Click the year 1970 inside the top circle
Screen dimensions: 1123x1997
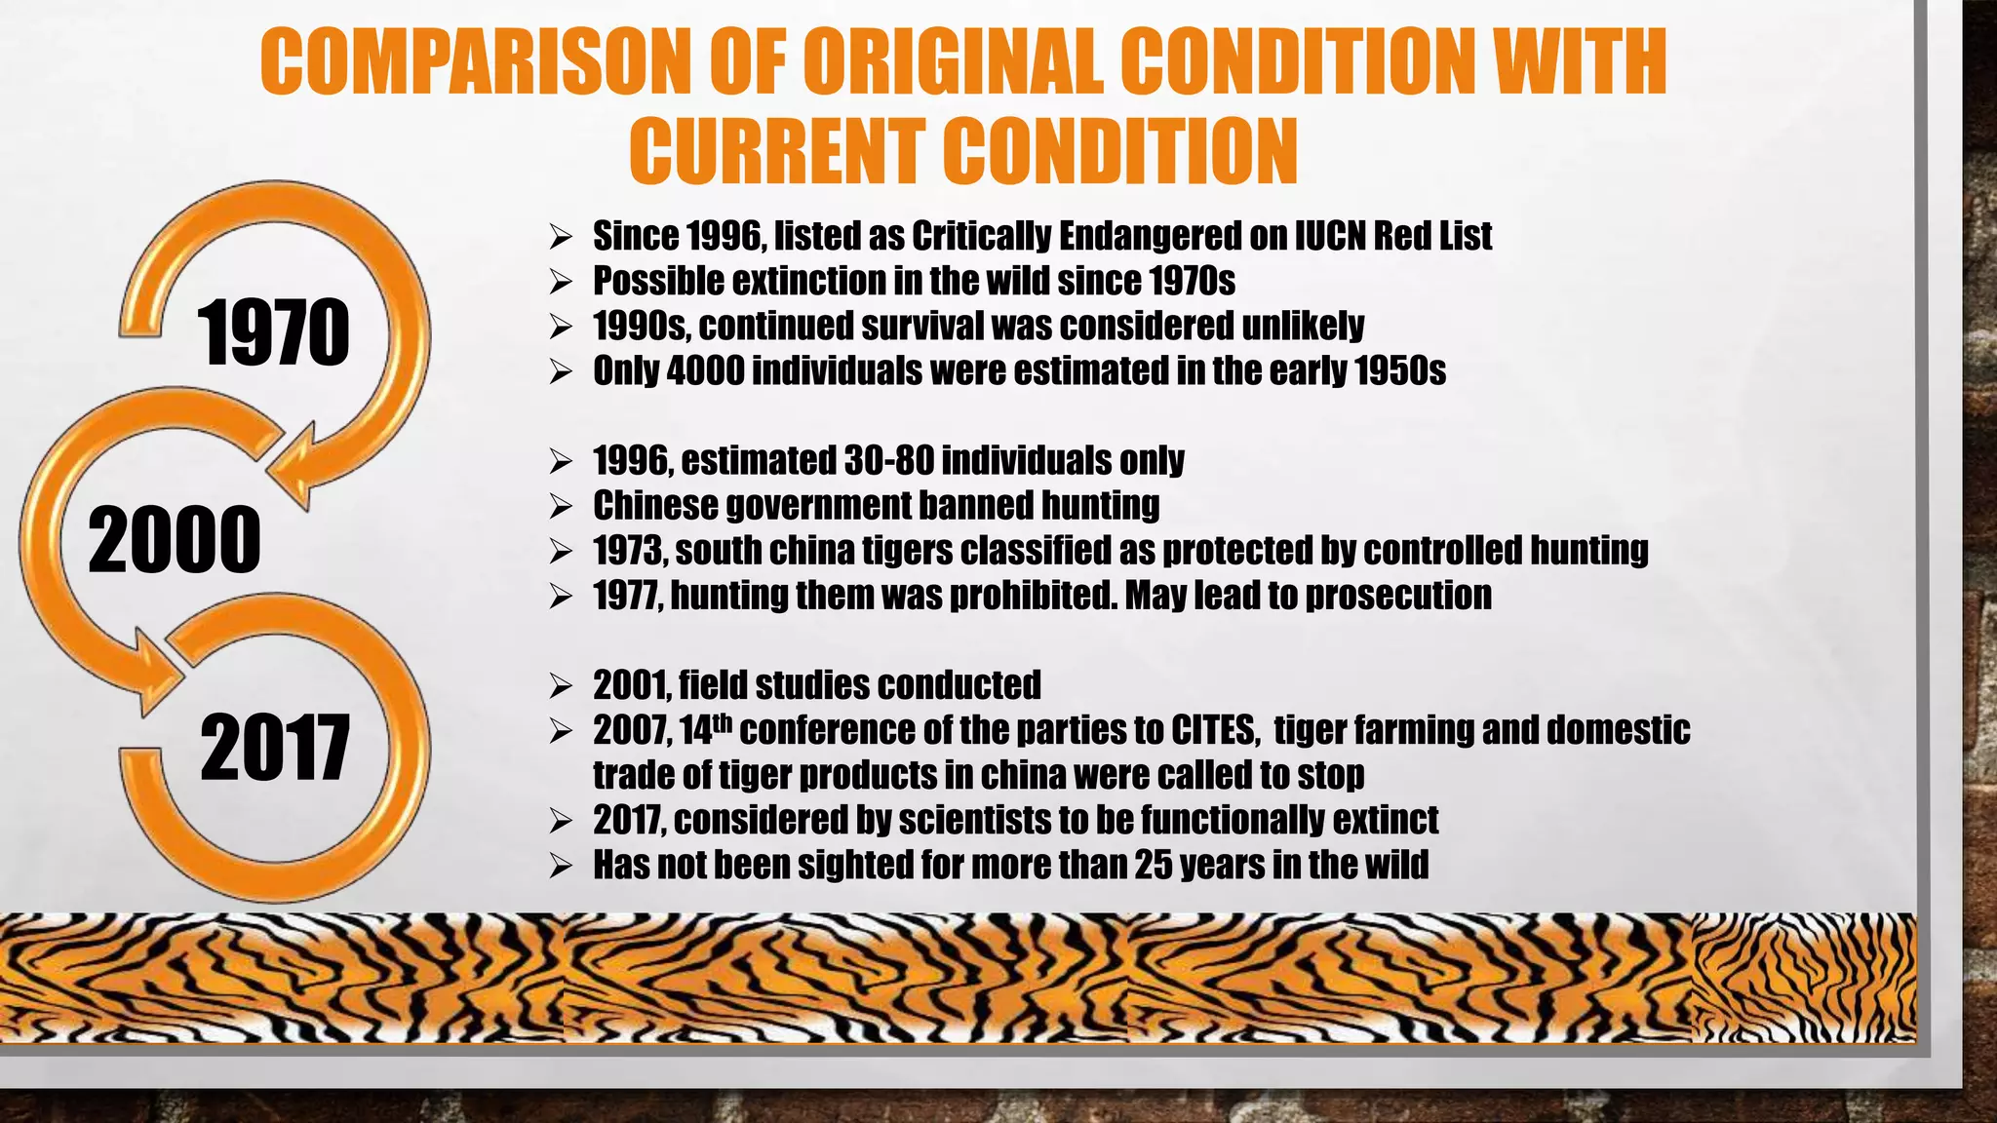(x=273, y=333)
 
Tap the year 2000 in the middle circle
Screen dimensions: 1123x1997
(x=175, y=540)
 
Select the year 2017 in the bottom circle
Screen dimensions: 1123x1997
(x=275, y=748)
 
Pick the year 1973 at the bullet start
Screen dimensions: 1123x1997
(x=628, y=551)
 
